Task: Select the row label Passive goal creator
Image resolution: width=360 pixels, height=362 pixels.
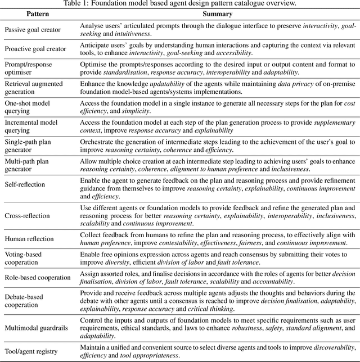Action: (x=32, y=29)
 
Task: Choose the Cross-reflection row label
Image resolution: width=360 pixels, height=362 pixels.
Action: (x=27, y=215)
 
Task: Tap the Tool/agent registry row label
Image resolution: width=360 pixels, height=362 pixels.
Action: (x=31, y=351)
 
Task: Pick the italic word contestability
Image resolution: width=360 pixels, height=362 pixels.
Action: (x=176, y=242)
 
